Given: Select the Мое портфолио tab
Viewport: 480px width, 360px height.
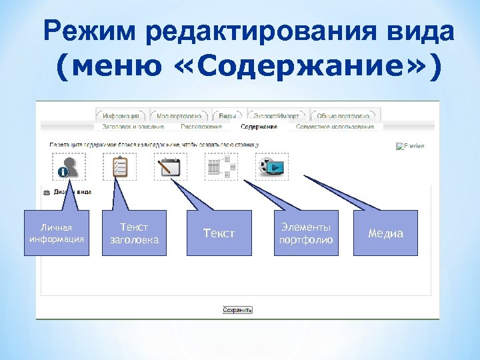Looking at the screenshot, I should point(179,114).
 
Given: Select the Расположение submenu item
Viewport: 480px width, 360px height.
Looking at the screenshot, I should point(201,126).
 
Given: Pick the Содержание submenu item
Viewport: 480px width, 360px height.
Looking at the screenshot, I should point(259,126).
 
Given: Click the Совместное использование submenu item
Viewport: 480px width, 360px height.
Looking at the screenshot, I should point(335,126).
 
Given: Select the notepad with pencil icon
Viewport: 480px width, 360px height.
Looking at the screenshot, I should point(171,167).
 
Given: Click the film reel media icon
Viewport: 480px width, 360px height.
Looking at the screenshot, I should point(272,167).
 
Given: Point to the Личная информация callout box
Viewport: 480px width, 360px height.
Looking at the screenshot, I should point(56,233).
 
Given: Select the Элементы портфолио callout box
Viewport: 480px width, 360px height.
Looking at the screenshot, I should point(306,233).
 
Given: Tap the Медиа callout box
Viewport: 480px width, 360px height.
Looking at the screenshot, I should point(386,233).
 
